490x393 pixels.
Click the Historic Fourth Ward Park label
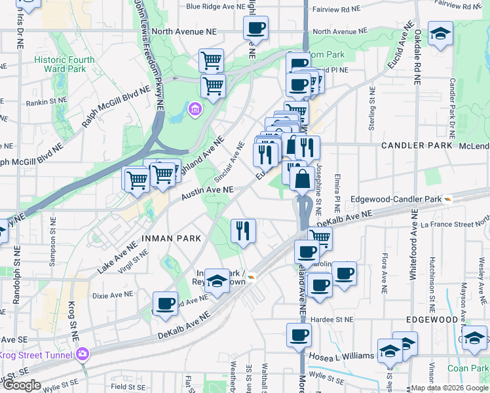click(x=64, y=64)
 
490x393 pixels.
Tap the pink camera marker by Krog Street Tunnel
click(x=83, y=354)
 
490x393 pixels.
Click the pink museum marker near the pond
click(x=195, y=109)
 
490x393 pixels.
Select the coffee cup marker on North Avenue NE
click(x=255, y=29)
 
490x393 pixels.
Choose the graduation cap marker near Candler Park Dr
click(x=440, y=33)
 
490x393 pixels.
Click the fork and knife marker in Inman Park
click(x=243, y=231)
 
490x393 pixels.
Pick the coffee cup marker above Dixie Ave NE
click(x=165, y=303)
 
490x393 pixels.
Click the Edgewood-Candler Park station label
click(x=396, y=198)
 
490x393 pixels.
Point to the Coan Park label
click(x=465, y=368)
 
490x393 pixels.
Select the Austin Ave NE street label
click(x=208, y=191)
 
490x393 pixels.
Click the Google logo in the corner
click(x=21, y=385)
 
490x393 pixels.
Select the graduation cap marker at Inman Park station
click(x=216, y=282)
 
